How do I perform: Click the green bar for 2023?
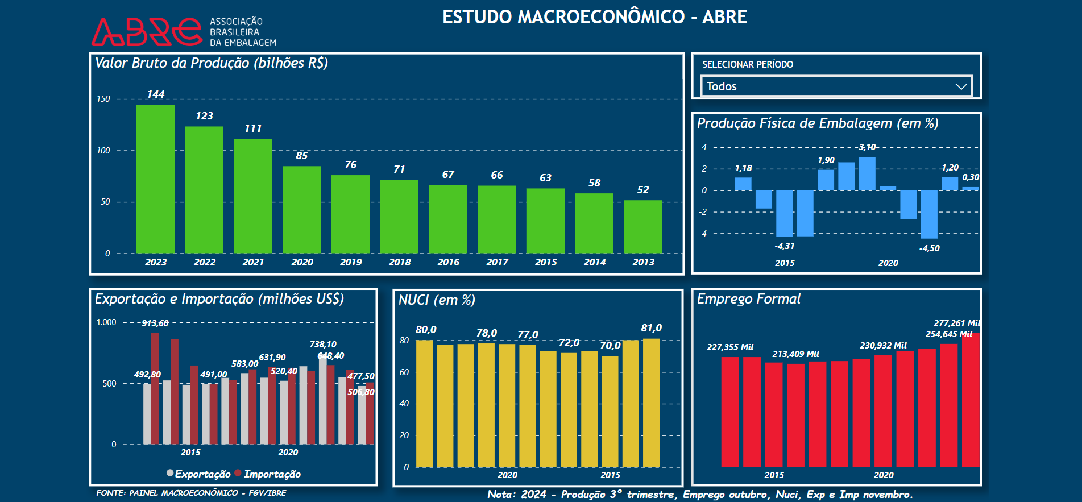tap(155, 179)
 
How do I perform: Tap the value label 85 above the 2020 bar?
tap(301, 156)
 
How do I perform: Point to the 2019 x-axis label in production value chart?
tap(351, 262)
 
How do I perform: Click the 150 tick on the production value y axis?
tap(103, 99)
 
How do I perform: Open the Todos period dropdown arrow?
tap(961, 86)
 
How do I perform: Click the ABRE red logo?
tap(147, 32)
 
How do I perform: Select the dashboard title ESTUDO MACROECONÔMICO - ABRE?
tap(594, 17)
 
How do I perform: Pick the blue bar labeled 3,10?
tap(867, 173)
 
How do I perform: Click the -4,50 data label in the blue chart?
tap(929, 248)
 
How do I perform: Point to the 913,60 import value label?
tap(155, 323)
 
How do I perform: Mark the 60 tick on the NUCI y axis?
tap(404, 372)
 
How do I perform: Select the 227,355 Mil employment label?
tap(729, 347)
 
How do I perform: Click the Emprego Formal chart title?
tap(748, 299)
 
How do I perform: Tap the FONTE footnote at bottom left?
tap(191, 493)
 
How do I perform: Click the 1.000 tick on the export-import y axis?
tap(106, 322)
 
